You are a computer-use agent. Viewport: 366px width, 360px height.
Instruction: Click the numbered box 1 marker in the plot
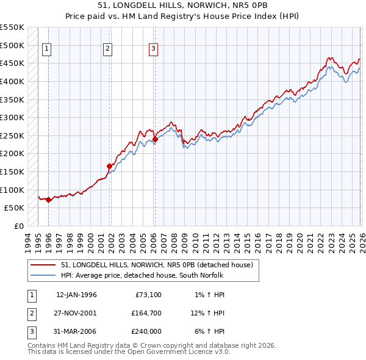pos(47,49)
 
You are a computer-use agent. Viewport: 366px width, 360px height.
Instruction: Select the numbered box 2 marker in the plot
pos(107,49)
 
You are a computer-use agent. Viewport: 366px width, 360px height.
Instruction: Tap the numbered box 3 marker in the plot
pos(153,49)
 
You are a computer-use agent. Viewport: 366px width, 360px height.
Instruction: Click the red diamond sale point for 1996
pos(48,200)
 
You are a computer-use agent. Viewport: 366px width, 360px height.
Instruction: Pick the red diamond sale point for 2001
pos(110,166)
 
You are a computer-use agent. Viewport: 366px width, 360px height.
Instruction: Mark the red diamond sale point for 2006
pos(155,139)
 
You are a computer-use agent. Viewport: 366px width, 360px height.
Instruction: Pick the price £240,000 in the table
pos(146,331)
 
